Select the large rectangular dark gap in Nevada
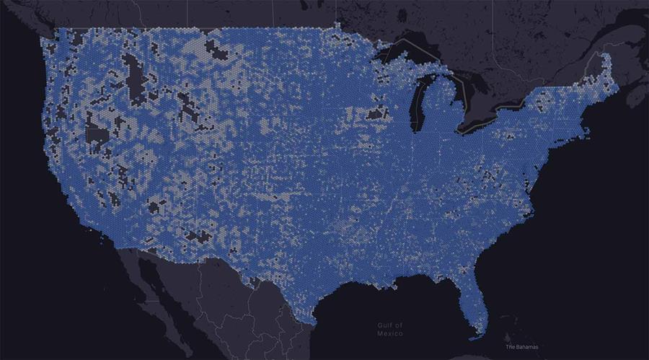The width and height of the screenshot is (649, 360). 97,134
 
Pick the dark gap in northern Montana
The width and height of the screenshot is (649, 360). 216,48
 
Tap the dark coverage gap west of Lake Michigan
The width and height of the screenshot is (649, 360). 376,113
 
